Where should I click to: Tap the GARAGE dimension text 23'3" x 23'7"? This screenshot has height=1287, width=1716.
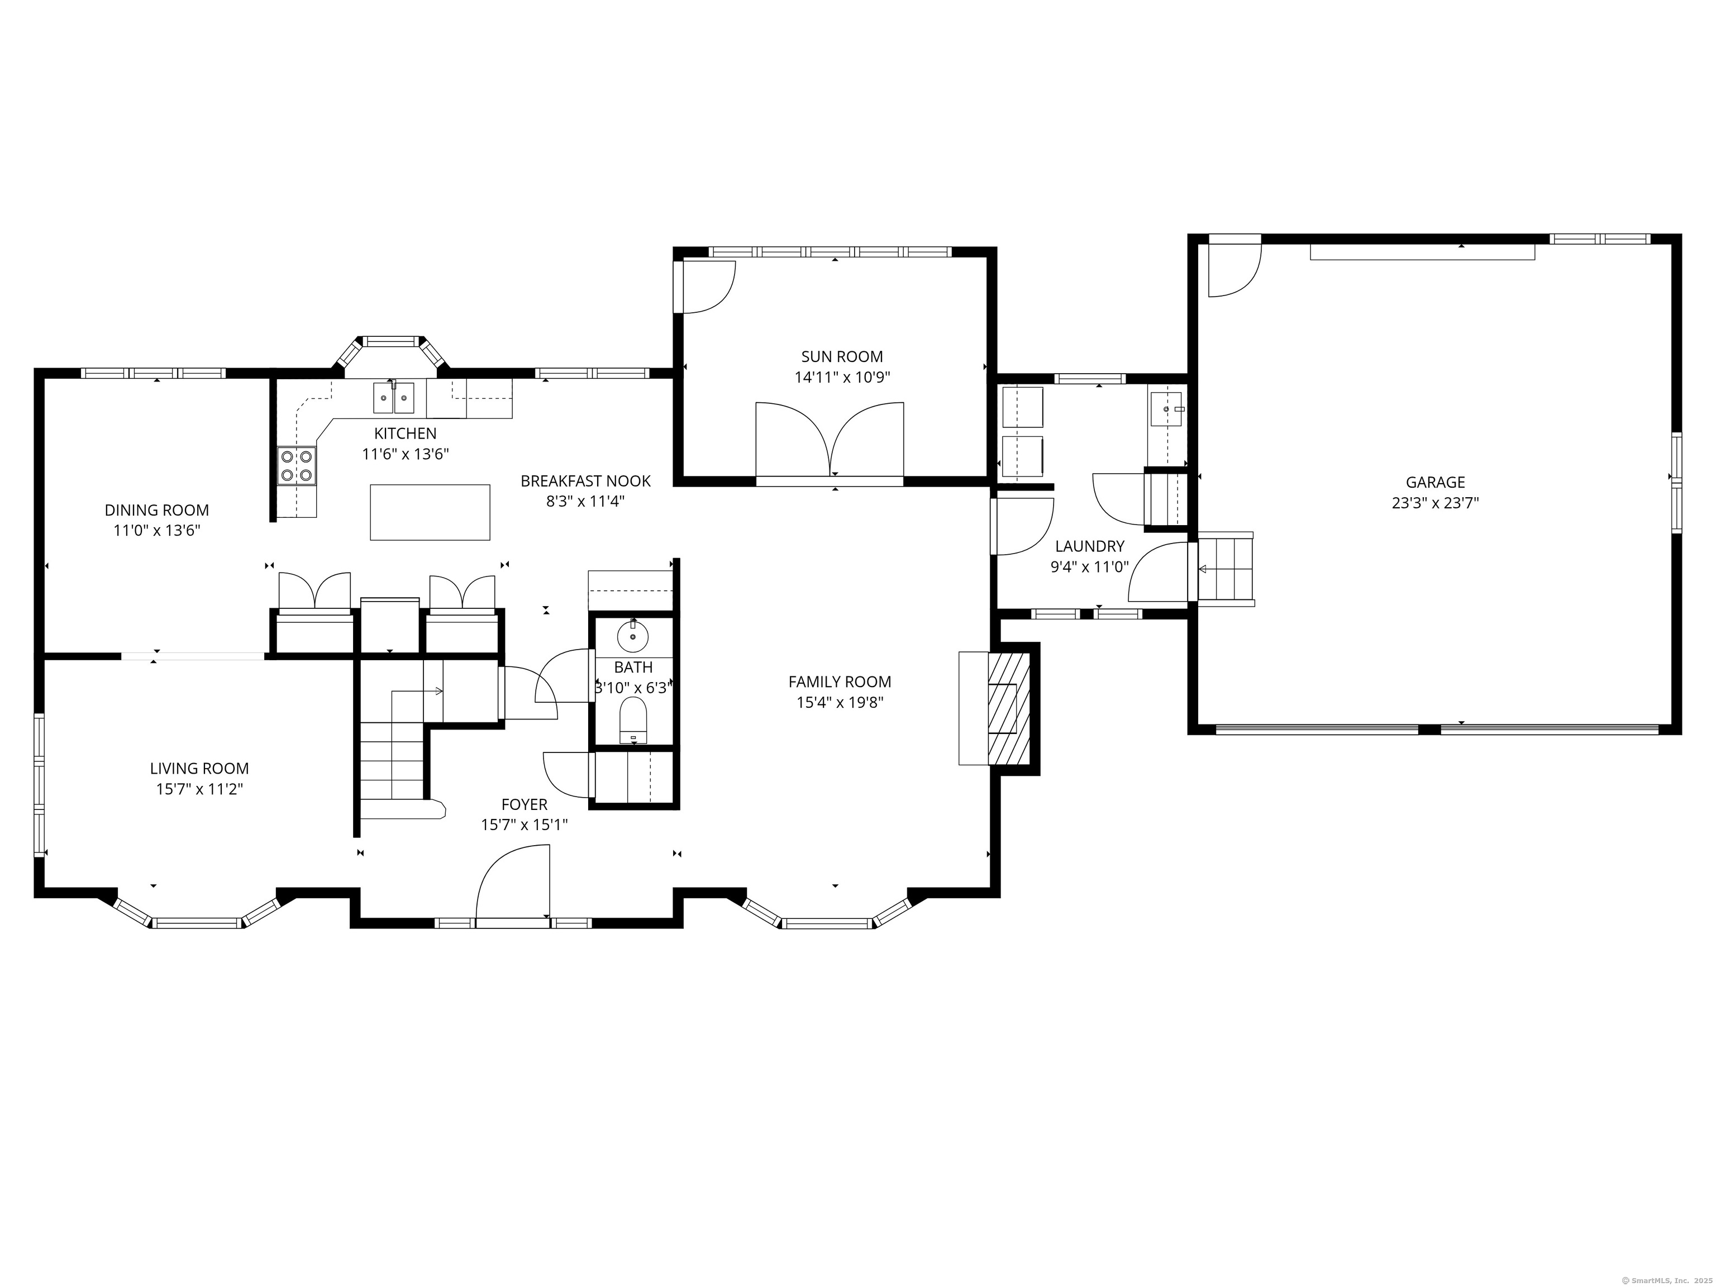point(1434,503)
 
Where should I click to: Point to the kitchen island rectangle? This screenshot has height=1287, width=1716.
point(430,512)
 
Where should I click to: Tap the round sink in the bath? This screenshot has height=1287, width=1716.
point(632,637)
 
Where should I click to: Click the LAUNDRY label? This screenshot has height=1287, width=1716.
point(1089,546)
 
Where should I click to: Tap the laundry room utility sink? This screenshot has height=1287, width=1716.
point(1165,409)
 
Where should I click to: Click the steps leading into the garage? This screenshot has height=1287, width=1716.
point(1226,569)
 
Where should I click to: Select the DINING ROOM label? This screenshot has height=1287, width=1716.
point(157,511)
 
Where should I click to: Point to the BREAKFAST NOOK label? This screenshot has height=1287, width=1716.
point(585,481)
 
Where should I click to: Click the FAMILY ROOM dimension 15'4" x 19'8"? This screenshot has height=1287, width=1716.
point(840,703)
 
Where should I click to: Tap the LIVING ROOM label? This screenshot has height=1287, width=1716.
point(199,769)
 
